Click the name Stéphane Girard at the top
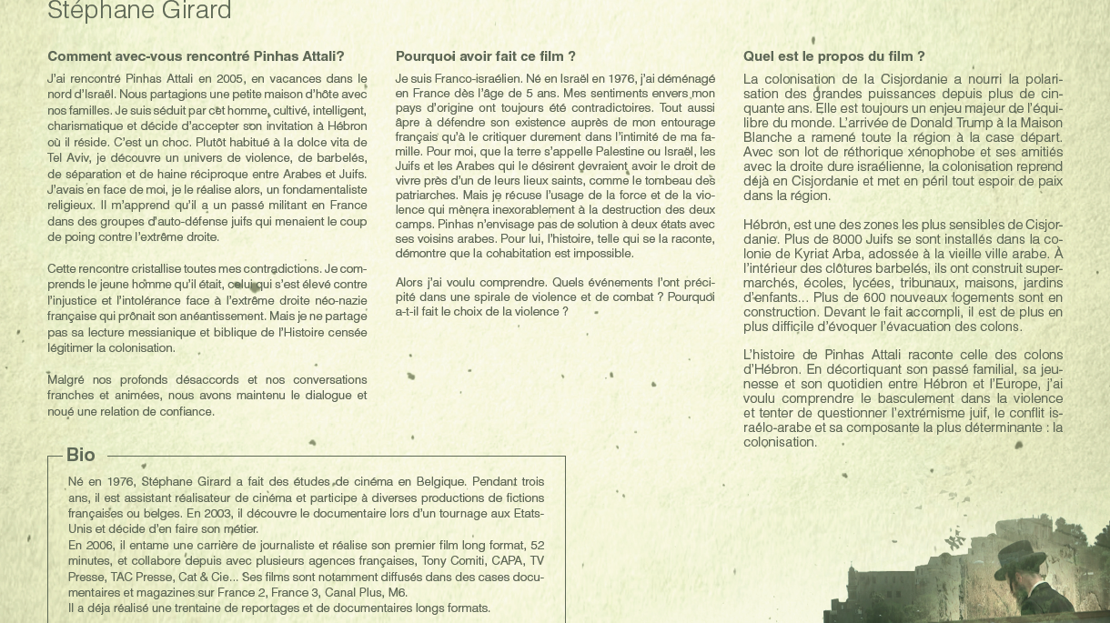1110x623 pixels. (x=139, y=11)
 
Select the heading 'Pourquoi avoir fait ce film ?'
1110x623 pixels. (x=485, y=56)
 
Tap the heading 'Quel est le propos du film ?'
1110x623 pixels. (x=833, y=56)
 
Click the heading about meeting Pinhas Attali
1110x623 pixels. (x=196, y=56)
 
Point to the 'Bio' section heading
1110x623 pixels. (x=80, y=455)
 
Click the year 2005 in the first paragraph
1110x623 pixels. (x=229, y=79)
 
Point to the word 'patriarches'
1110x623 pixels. (x=426, y=196)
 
